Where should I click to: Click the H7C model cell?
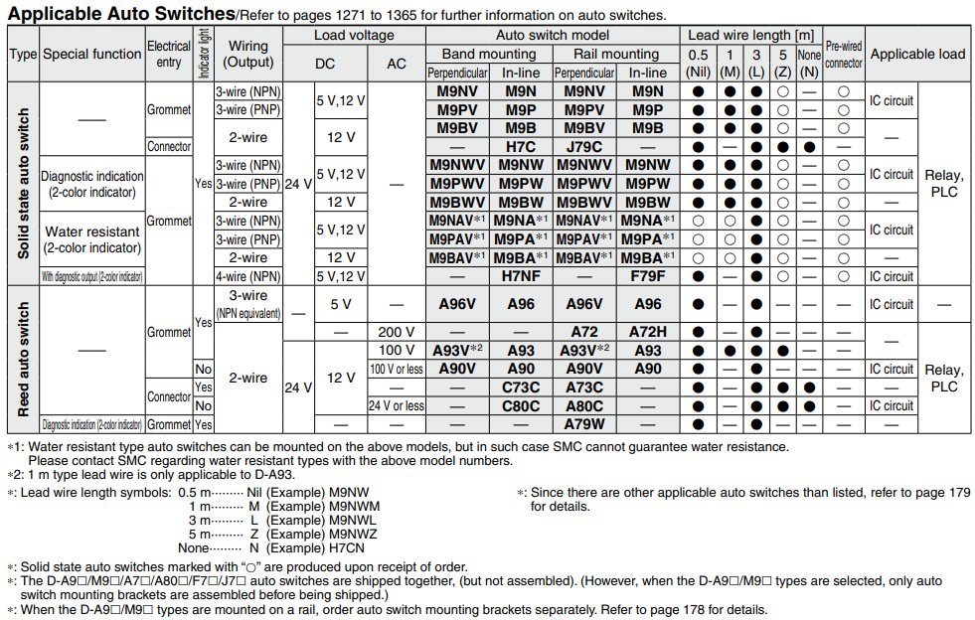coord(521,146)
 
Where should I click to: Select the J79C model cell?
coord(583,146)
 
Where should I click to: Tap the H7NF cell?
coord(521,276)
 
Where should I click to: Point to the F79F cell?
coord(648,276)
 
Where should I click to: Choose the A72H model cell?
coord(648,332)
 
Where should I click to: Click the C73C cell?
coord(521,387)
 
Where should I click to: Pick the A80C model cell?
coord(583,405)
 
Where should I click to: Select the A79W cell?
coord(583,424)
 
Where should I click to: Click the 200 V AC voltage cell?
coord(396,332)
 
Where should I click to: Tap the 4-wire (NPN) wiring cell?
coord(248,276)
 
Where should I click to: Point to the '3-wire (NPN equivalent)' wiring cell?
coord(248,304)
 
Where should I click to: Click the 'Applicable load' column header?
coord(917,54)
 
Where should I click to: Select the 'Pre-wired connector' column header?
coord(844,54)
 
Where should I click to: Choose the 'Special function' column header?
coord(91,54)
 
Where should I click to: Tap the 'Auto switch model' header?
coord(553,35)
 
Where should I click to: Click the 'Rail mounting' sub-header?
coord(616,54)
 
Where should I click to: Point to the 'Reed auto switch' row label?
coord(22,359)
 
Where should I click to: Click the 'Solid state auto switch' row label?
coord(22,184)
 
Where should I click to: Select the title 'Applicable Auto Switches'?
coord(120,14)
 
